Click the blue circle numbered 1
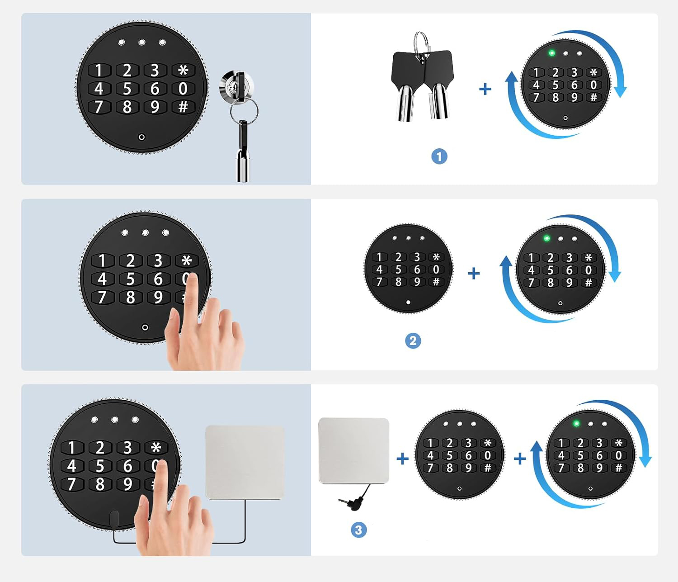(439, 156)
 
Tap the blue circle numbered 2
(413, 341)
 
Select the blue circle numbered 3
(358, 530)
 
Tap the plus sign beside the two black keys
(485, 89)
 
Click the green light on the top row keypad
(552, 53)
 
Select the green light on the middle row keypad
(546, 238)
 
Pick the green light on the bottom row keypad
(576, 423)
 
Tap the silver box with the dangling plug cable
(353, 450)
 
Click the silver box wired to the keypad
(245, 462)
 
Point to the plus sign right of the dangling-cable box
(402, 459)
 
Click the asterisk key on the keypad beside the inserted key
(183, 70)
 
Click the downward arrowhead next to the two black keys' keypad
(620, 92)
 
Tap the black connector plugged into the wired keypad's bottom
(114, 519)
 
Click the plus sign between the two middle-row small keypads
(474, 274)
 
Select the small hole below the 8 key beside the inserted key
(141, 137)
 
